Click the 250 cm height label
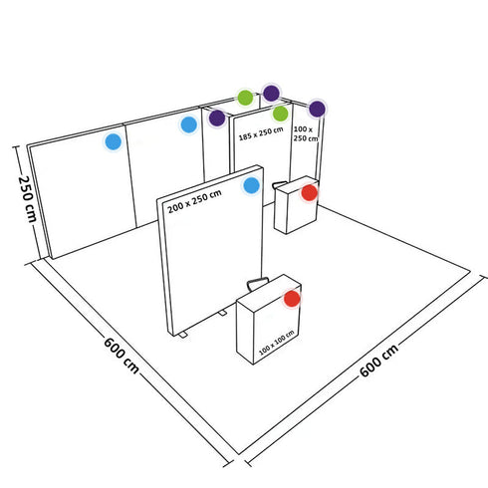coord(27,200)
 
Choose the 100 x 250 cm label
coord(304,134)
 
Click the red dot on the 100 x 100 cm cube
coord(292,298)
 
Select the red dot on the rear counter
coord(309,192)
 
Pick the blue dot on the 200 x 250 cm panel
coord(252,185)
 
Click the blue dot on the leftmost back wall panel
coord(114,141)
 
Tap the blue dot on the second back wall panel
coord(188,124)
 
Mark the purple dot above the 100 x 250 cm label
coord(317,109)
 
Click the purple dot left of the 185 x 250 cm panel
coord(217,118)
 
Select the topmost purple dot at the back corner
coord(271,93)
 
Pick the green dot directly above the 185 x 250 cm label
coord(281,114)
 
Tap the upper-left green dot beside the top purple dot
coord(245,98)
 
